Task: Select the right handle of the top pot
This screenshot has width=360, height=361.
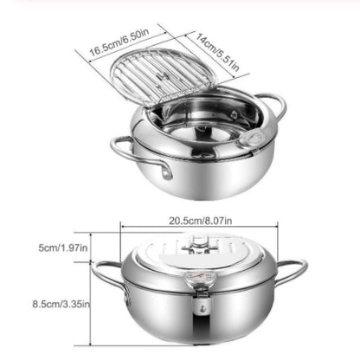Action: click(x=274, y=108)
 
